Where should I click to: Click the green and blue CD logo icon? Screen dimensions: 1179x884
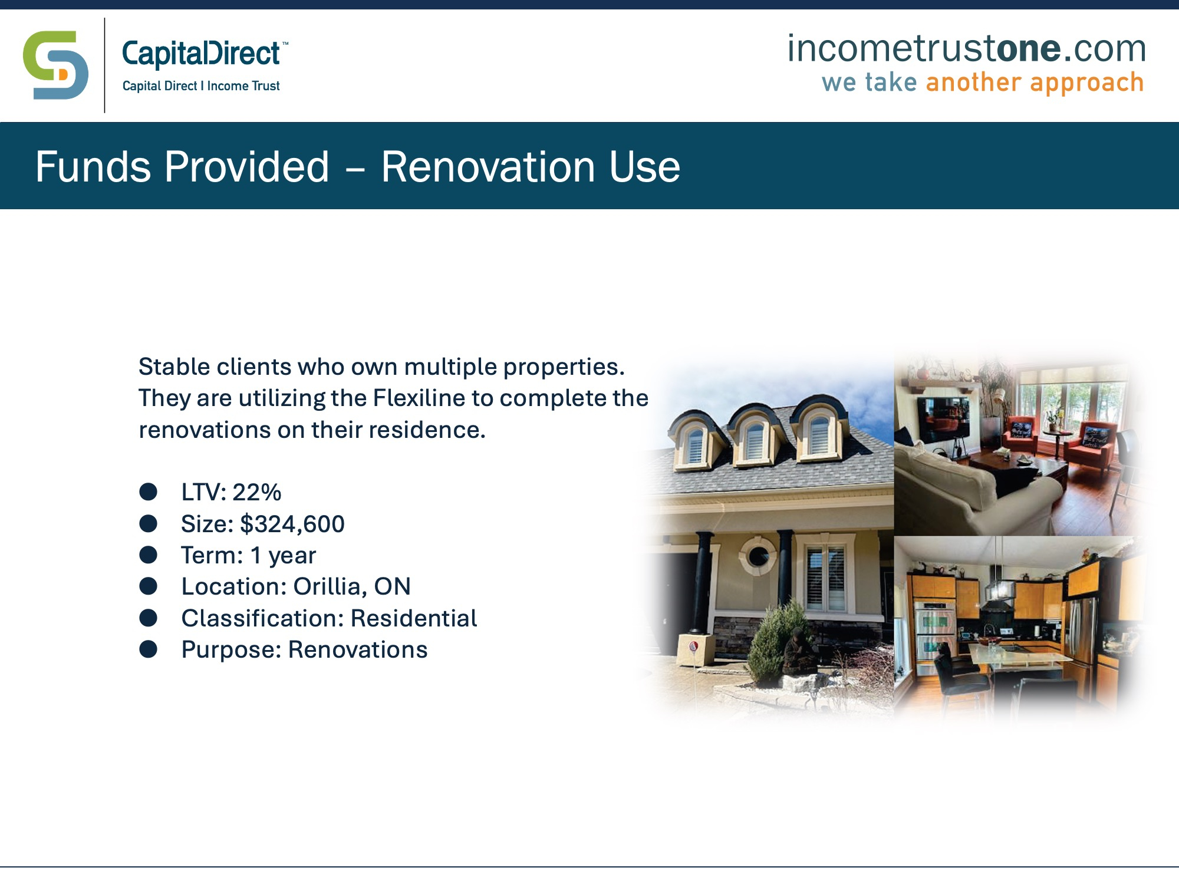click(56, 65)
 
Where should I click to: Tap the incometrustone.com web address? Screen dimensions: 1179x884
click(966, 48)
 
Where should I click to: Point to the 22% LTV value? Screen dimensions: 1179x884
click(256, 492)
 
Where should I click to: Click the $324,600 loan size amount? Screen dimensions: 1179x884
click(292, 524)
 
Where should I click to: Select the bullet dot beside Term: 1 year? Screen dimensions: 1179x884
click(149, 555)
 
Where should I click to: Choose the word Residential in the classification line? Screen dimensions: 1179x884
click(414, 618)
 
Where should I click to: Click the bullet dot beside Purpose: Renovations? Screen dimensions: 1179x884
click(149, 649)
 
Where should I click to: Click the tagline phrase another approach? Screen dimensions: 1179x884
click(1035, 83)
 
